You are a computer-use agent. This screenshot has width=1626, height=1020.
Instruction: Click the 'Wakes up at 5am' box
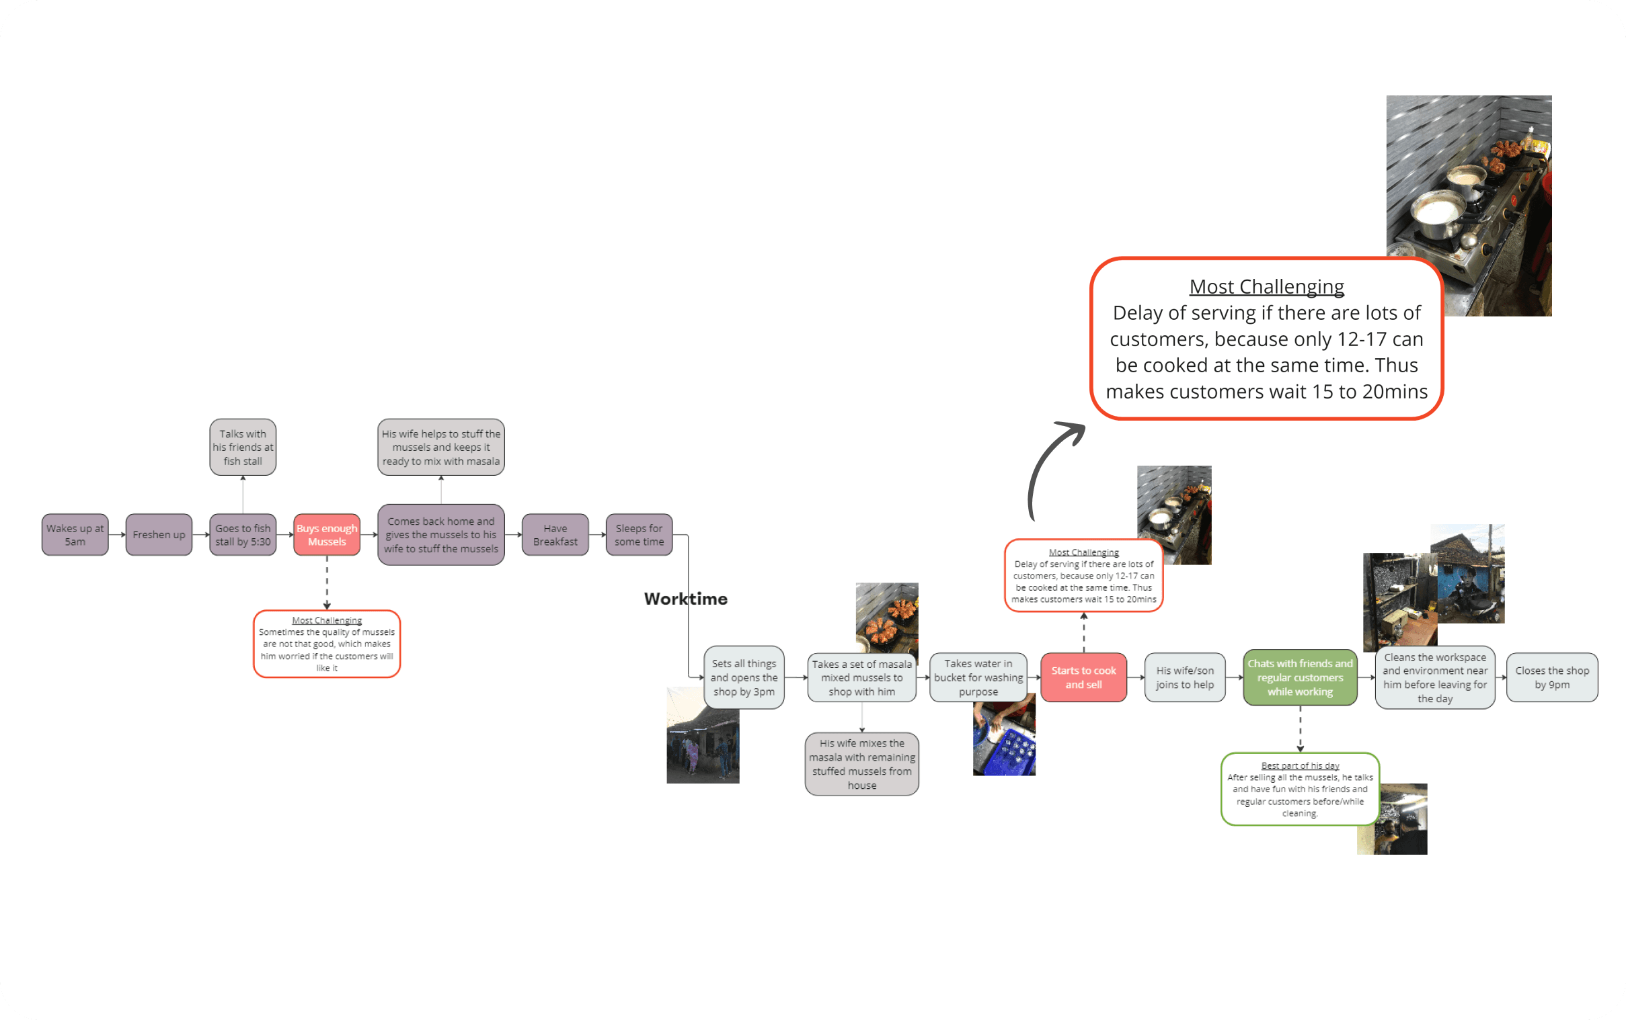75,534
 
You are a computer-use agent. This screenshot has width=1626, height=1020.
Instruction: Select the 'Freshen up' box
159,534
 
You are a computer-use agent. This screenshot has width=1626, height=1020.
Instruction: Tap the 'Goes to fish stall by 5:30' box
243,534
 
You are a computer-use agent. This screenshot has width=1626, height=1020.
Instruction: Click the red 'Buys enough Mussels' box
327,534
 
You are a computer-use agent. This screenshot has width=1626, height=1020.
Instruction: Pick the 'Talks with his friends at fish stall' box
243,448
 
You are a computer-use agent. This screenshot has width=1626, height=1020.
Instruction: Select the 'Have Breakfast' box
555,534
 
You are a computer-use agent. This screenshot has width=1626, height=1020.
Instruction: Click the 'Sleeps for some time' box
640,534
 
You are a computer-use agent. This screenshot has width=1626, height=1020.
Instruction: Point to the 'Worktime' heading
686,599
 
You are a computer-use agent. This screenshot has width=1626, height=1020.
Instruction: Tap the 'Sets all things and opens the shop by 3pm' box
744,677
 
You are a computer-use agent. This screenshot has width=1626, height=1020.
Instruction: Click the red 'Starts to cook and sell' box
1083,677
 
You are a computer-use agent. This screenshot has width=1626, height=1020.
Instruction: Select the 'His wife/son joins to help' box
1185,677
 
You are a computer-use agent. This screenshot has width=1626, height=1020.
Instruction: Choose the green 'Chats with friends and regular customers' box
1300,677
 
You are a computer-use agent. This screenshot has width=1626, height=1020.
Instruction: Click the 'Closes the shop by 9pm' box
1552,677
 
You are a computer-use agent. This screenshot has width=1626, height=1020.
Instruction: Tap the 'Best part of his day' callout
1300,789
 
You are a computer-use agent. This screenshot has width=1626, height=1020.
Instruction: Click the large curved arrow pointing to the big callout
1040,466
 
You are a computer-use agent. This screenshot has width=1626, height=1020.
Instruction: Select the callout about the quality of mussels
327,644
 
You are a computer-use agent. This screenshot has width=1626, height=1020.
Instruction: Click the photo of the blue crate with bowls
1004,734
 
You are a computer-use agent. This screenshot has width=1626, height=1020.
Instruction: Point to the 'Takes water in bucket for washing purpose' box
978,677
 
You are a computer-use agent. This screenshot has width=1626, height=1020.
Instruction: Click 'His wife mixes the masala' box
862,763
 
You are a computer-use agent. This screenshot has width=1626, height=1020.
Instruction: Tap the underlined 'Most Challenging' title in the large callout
1266,287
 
